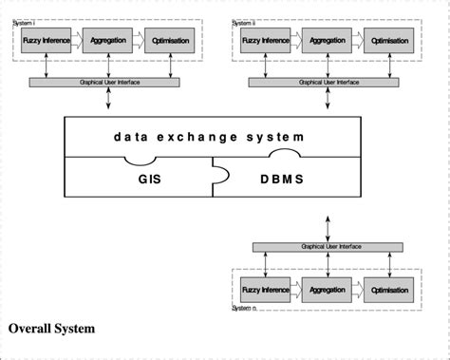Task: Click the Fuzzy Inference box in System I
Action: tap(45, 41)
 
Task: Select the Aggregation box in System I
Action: tap(107, 41)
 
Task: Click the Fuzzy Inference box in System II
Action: tap(264, 41)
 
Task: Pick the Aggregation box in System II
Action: tap(327, 41)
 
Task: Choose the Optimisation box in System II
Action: tap(390, 41)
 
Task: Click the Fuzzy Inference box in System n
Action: tap(264, 290)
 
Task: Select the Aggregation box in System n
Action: tap(327, 290)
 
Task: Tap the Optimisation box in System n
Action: tap(390, 290)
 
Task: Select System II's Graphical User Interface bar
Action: tap(327, 83)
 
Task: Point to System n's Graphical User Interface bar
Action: tap(327, 246)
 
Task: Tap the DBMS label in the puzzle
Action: tap(283, 179)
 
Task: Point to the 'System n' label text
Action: tap(248, 308)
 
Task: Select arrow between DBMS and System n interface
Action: tap(327, 220)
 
